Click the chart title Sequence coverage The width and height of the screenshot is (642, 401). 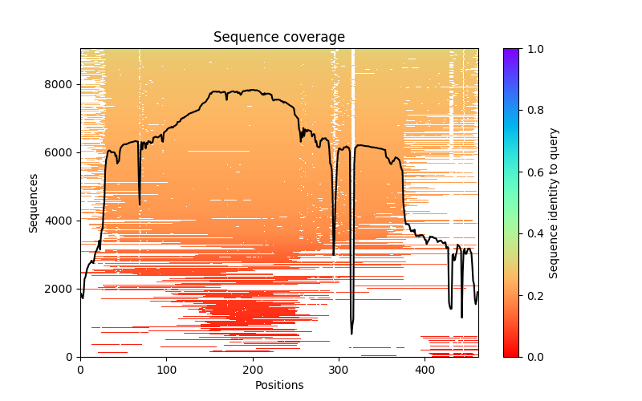click(x=278, y=38)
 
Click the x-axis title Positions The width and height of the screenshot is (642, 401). click(x=278, y=385)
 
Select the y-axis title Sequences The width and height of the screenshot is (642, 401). click(x=34, y=203)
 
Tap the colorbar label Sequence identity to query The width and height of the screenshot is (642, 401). click(x=554, y=203)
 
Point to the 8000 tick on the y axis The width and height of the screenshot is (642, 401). click(x=61, y=84)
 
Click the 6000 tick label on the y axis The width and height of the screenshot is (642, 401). click(x=61, y=152)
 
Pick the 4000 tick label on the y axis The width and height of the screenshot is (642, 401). click(x=61, y=221)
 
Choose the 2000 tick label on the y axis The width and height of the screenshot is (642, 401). click(x=61, y=289)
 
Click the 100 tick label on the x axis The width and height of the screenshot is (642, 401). click(x=166, y=371)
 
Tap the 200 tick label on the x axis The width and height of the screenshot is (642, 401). click(x=253, y=371)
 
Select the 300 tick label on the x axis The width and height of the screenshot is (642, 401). click(x=339, y=371)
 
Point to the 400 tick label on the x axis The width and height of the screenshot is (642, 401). click(x=425, y=371)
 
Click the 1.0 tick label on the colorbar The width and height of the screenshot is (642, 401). click(x=533, y=49)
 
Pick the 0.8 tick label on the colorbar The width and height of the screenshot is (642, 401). click(x=533, y=111)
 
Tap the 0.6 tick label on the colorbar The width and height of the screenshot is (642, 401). click(x=533, y=172)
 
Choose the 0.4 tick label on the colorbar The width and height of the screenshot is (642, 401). click(x=533, y=233)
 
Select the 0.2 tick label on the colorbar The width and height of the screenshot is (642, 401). click(x=533, y=295)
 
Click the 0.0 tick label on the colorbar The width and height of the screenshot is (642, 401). click(x=533, y=357)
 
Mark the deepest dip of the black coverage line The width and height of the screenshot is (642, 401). click(x=351, y=334)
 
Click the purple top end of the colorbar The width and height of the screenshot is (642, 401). click(x=510, y=51)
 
